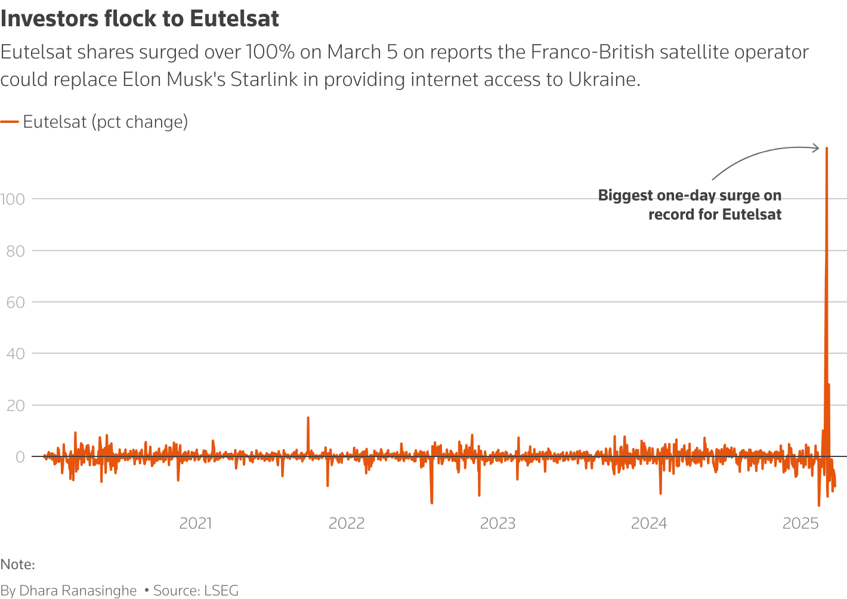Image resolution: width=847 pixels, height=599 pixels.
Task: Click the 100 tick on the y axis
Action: pos(13,199)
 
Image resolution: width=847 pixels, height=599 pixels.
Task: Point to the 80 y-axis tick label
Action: pos(16,251)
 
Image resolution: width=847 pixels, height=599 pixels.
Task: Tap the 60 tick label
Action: pos(16,302)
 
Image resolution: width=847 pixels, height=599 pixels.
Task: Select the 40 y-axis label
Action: pos(16,354)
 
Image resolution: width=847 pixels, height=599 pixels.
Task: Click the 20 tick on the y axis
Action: pos(16,406)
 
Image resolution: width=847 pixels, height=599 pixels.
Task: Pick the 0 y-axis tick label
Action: pos(20,457)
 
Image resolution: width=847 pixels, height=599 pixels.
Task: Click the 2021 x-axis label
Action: pos(196,524)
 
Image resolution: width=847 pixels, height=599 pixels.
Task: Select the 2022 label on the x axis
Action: pos(347,524)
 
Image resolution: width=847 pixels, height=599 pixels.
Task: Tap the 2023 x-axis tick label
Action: pos(497,524)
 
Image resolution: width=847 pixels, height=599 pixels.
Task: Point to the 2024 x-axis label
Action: pos(649,524)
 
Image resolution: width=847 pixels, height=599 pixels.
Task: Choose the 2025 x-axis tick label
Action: pos(800,524)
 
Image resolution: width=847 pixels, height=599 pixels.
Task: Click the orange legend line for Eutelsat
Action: pos(10,122)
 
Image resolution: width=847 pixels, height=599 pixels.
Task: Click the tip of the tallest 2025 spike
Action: pos(827,148)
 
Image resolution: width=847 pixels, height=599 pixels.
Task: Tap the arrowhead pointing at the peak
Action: pos(817,148)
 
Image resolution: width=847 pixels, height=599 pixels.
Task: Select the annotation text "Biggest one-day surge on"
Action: pos(690,196)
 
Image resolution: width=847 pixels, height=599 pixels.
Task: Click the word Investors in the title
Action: pos(50,19)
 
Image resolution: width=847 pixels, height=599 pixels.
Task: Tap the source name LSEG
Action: pos(221,591)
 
